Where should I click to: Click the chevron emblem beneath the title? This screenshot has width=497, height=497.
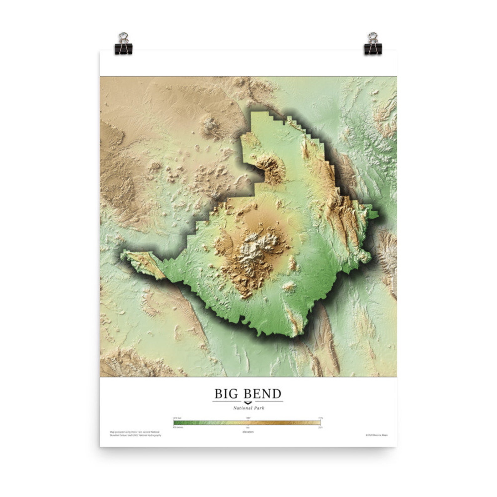[248, 402]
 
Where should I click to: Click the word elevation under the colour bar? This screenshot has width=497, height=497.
[248, 432]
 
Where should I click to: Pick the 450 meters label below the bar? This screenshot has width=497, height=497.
[178, 427]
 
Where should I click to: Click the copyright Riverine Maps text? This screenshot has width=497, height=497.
[376, 435]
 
